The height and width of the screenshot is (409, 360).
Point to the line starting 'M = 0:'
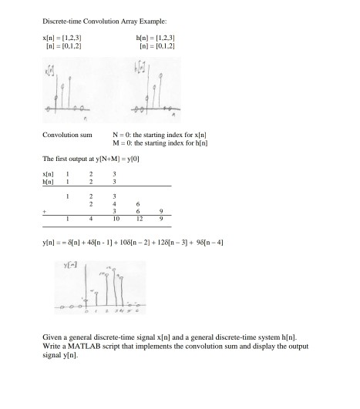192,142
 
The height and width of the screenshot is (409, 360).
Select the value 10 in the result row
135,221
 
